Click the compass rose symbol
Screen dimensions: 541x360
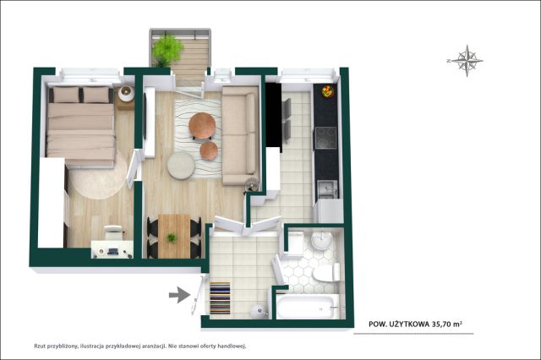pos(467,61)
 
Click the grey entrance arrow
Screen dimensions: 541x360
pos(179,295)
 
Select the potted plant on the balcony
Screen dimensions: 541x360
pos(167,50)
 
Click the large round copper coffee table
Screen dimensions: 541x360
pos(202,125)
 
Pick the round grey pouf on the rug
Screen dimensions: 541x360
pos(181,166)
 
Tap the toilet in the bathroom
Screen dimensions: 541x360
pos(326,272)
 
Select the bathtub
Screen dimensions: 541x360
pos(308,306)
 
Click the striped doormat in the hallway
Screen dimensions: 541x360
pos(220,298)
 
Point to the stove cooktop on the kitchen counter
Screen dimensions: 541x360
pos(326,138)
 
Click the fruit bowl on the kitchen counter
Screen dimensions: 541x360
pos(327,91)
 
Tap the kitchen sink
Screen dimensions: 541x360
pos(328,189)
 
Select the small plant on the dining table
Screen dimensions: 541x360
pos(172,237)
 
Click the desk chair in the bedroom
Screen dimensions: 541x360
pos(113,232)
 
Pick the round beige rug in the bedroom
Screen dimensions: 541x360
pos(99,176)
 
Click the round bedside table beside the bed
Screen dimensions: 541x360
pos(126,94)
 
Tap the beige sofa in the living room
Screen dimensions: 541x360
pos(240,135)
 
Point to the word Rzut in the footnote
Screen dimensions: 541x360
pos(40,346)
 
